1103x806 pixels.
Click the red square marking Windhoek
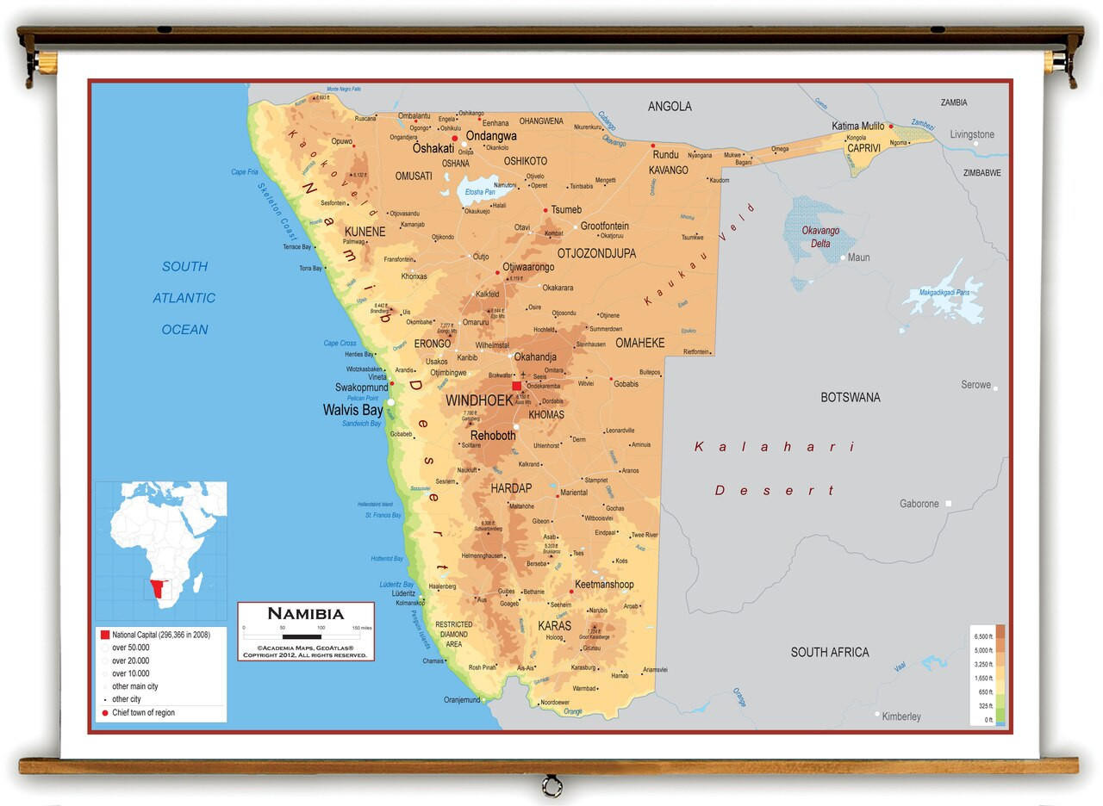517,387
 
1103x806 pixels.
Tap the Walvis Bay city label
352,411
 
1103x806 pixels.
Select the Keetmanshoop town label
604,585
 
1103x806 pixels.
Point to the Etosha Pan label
480,192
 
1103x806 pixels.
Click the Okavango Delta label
820,237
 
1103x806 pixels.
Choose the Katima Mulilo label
857,127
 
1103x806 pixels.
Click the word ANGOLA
670,107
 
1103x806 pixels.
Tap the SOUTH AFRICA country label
830,652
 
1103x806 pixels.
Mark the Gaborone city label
919,504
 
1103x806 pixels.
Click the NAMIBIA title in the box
305,614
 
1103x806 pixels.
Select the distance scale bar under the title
306,635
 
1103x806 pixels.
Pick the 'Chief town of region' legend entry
143,713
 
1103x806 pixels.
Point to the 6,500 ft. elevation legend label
983,638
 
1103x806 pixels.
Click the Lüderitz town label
403,593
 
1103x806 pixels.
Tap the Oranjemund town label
462,700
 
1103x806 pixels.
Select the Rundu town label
665,155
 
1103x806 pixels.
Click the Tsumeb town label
566,210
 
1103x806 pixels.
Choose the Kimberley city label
901,716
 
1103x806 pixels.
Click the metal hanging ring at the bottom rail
551,785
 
